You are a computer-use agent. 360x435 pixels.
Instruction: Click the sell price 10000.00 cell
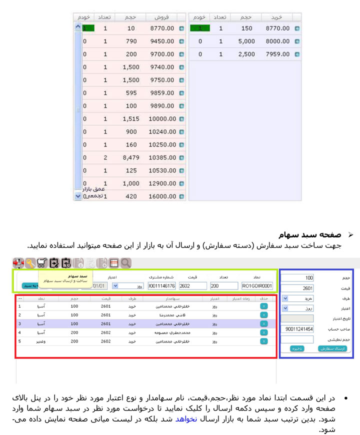tap(162, 119)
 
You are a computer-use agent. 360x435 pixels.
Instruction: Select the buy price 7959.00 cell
tap(277, 54)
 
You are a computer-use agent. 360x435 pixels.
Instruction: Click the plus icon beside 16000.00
tap(181, 196)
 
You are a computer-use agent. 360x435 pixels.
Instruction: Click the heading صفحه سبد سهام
tap(310, 234)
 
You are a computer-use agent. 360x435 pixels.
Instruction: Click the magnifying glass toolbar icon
tap(125, 263)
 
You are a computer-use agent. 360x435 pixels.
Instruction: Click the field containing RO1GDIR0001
tap(257, 286)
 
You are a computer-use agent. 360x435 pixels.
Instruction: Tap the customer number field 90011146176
tap(161, 286)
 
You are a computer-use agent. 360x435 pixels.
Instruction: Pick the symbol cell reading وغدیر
tap(42, 341)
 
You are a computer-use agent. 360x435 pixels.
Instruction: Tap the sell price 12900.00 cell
tap(162, 183)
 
